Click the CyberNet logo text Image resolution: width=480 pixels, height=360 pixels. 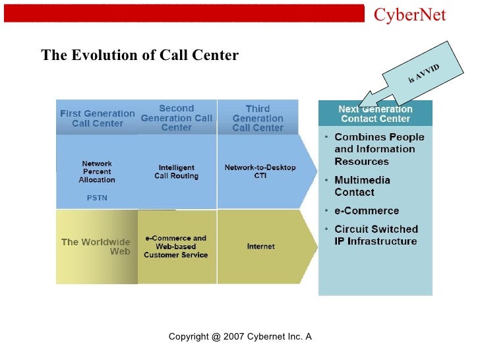(409, 15)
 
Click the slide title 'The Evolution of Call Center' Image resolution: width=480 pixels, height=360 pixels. (140, 55)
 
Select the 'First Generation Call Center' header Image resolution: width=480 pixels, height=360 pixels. (97, 119)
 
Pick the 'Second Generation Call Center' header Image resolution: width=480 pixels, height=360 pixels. (177, 117)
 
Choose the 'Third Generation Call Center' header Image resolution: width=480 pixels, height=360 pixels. (257, 118)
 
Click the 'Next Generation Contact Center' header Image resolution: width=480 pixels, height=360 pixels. (375, 114)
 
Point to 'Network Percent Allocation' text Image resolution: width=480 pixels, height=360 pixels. (97, 171)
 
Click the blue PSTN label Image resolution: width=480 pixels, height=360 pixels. (97, 196)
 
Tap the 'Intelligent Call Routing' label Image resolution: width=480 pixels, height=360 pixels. (177, 172)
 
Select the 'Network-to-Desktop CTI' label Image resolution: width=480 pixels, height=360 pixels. (260, 171)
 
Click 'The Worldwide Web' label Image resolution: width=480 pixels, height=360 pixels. (97, 247)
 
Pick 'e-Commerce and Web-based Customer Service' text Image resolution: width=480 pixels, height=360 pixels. (176, 247)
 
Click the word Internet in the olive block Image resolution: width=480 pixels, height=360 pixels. (261, 247)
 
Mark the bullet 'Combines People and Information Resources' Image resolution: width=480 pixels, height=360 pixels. (379, 149)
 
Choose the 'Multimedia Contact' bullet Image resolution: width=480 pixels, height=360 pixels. (362, 186)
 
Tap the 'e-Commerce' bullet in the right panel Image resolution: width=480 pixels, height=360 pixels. (367, 211)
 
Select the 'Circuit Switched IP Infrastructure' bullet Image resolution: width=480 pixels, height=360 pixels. (376, 235)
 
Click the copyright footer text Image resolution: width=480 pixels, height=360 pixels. (240, 337)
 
